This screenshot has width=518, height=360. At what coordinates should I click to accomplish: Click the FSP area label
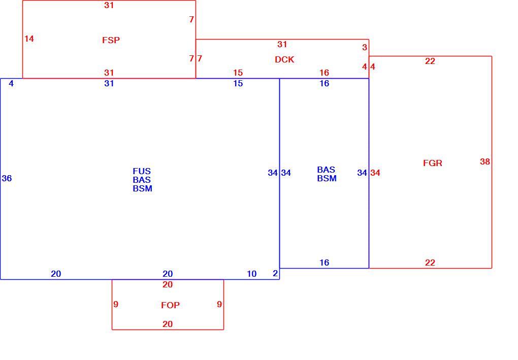pyautogui.click(x=111, y=40)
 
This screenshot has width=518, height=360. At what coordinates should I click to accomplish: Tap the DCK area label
pyautogui.click(x=284, y=59)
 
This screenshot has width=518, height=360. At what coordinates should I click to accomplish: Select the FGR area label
pyautogui.click(x=433, y=163)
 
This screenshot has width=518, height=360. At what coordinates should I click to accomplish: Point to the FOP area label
pyautogui.click(x=171, y=305)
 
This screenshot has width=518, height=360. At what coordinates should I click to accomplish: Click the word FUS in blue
pyautogui.click(x=142, y=171)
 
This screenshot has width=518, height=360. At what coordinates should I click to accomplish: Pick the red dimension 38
pyautogui.click(x=485, y=161)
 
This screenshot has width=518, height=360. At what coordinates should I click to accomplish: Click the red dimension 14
pyautogui.click(x=29, y=39)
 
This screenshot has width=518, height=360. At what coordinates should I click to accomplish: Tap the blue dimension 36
pyautogui.click(x=7, y=178)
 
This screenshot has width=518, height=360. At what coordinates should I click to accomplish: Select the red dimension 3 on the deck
pyautogui.click(x=365, y=47)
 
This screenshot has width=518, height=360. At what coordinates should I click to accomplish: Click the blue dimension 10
pyautogui.click(x=252, y=274)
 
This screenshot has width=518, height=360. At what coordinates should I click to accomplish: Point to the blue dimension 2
pyautogui.click(x=275, y=273)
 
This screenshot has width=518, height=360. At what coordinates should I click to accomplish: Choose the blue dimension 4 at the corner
pyautogui.click(x=11, y=84)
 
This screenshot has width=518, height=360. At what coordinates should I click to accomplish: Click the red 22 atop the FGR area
pyautogui.click(x=430, y=61)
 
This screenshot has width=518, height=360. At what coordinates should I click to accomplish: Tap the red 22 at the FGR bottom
pyautogui.click(x=430, y=263)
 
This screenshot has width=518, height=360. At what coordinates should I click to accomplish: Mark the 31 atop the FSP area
pyautogui.click(x=109, y=5)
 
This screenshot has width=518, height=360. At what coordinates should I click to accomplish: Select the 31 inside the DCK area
pyautogui.click(x=282, y=44)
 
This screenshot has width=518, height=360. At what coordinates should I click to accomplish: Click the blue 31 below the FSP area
pyautogui.click(x=109, y=83)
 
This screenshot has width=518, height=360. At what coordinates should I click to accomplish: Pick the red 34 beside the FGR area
pyautogui.click(x=375, y=173)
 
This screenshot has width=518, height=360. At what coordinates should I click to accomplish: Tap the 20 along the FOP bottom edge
pyautogui.click(x=168, y=324)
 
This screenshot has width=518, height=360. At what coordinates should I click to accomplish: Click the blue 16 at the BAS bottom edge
pyautogui.click(x=325, y=263)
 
